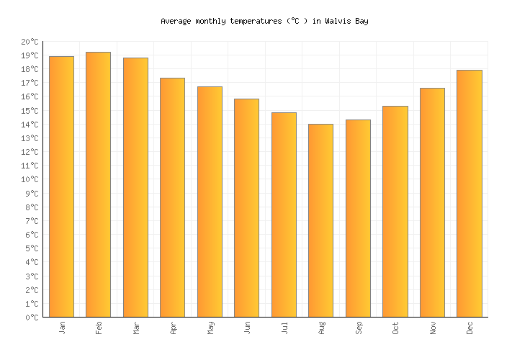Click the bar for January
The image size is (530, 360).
(x=62, y=186)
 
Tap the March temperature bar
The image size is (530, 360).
(x=135, y=187)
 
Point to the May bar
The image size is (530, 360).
(x=210, y=202)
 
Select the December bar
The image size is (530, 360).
(x=470, y=194)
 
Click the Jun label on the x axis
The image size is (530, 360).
(x=247, y=328)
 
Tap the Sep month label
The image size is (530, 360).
(x=359, y=328)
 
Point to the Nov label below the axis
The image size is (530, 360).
(x=433, y=328)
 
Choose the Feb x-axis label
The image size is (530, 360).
(x=99, y=328)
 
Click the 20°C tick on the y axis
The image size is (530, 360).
(x=30, y=42)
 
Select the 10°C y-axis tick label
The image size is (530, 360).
(x=30, y=180)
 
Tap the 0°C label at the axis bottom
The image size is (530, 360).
(x=32, y=318)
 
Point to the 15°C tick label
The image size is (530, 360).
(x=30, y=111)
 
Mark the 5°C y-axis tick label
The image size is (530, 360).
(x=32, y=248)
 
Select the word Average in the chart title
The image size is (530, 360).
(x=177, y=21)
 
